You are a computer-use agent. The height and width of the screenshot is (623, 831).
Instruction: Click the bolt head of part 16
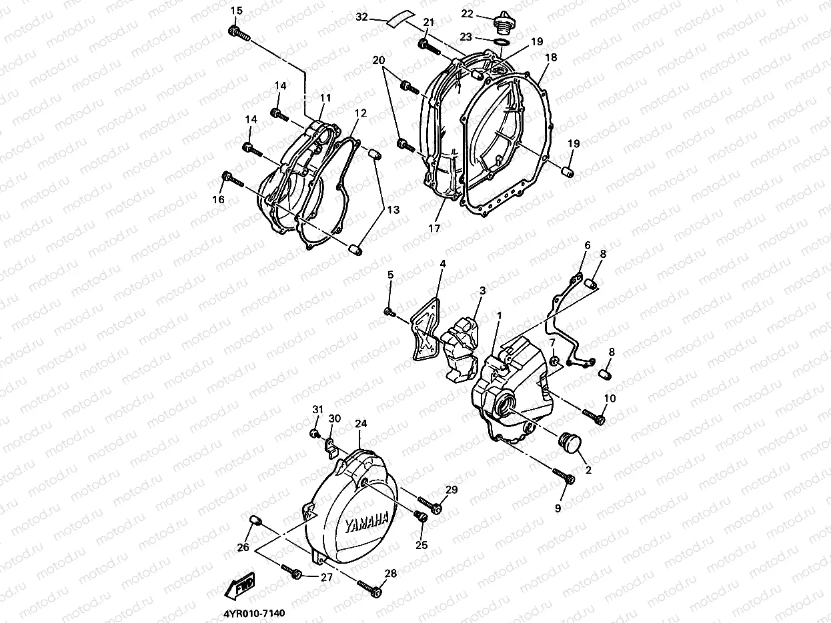point(226,176)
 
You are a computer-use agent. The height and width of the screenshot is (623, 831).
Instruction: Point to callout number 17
point(435,227)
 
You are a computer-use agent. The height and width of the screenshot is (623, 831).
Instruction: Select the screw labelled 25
point(420,515)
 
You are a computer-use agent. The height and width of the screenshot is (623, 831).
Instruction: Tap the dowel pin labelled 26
point(253,520)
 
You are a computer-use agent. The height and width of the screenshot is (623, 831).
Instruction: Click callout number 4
point(442,264)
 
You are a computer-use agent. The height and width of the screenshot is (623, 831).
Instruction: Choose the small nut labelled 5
point(389,311)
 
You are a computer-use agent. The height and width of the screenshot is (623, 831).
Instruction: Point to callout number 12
point(359,113)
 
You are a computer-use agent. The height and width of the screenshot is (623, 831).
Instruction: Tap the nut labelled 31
point(313,434)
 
